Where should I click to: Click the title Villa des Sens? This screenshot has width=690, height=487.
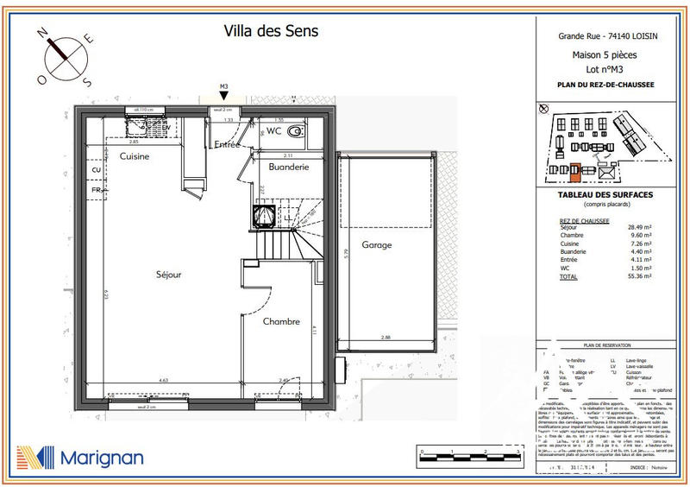coord(272,31)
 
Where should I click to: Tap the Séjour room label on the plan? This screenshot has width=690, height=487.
coord(168,275)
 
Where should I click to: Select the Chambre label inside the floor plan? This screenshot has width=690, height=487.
coord(281,321)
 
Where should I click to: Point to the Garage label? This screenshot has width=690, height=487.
coord(376,244)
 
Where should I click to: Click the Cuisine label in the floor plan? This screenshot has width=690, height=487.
coord(135,156)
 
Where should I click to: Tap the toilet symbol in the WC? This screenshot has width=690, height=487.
coord(295,132)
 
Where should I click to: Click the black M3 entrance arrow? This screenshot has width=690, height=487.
coord(223,97)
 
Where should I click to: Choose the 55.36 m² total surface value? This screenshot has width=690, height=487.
coord(640,276)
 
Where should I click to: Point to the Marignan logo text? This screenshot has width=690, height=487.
coord(102,458)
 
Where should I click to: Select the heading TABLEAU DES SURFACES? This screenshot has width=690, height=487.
coord(605,195)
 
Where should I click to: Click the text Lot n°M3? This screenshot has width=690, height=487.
coord(605,69)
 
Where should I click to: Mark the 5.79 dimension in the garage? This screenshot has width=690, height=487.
coord(345,255)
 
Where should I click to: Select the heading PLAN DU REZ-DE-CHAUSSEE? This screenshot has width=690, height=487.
coord(605,85)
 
